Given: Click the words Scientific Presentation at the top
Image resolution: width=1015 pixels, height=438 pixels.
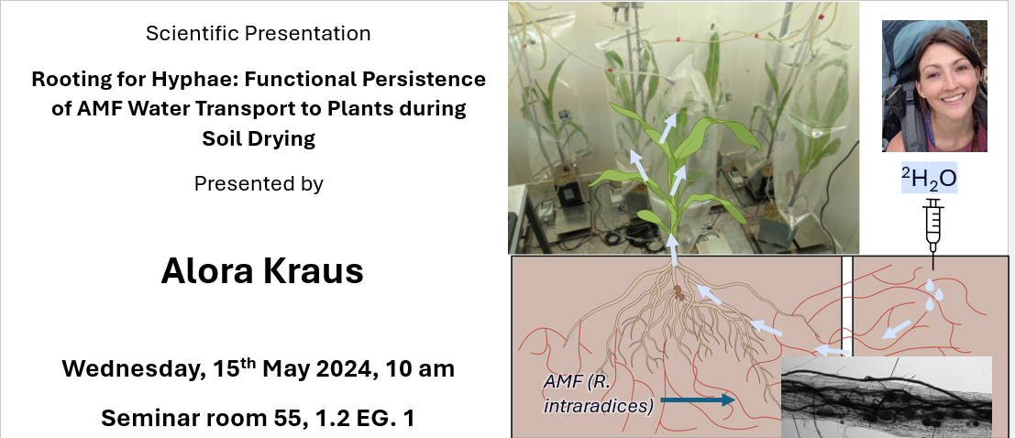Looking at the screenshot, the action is coord(259,34).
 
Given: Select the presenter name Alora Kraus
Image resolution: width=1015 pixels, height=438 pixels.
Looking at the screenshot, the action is coord(262,271).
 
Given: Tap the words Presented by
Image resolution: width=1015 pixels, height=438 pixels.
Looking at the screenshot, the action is coord(259,184).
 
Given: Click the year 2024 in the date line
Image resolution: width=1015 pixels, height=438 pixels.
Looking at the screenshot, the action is coord(339,369).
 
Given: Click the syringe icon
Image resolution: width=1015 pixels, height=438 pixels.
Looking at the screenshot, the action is coord(932,225).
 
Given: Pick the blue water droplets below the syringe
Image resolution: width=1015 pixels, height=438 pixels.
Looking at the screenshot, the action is coord(933,293).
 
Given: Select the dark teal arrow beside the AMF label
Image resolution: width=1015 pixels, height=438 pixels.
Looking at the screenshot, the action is coord(697,400).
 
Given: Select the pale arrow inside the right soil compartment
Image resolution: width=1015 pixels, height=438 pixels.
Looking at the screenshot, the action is coord(897,329).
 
